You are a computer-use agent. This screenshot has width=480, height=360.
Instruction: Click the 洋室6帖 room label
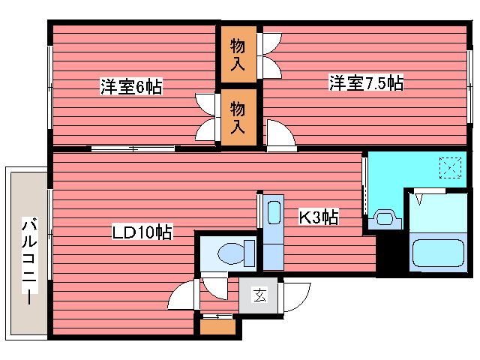tap(132, 87)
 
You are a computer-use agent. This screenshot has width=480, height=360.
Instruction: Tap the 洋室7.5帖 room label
tap(366, 82)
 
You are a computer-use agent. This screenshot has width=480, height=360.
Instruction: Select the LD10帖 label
tap(142, 232)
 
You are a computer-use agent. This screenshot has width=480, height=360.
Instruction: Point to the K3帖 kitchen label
tap(318, 217)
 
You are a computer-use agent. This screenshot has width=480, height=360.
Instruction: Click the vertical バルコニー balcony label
tap(30, 260)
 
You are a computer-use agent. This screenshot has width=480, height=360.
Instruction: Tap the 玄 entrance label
tap(259, 295)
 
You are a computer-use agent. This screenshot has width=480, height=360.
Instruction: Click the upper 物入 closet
tap(238, 55)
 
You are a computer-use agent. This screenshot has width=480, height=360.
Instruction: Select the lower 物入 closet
tap(238, 117)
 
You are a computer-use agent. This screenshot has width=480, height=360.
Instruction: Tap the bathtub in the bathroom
tap(438, 253)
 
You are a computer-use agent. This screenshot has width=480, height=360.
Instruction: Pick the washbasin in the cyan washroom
tap(385, 219)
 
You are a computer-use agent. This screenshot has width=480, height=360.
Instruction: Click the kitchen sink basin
tap(274, 212)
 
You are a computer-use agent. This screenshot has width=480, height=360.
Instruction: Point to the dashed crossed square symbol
tap(450, 167)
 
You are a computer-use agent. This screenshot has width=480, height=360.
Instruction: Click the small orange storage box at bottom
tap(217, 327)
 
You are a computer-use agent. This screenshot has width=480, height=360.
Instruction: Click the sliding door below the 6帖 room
tap(133, 148)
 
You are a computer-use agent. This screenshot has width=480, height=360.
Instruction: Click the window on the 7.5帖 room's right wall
tap(469, 87)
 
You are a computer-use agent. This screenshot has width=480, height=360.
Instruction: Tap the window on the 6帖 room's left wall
tap(50, 87)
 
